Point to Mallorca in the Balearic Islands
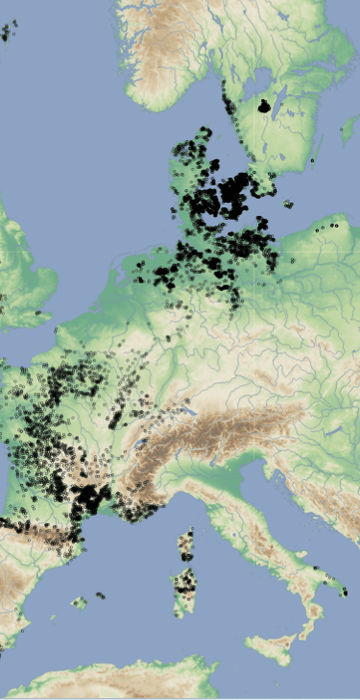click(81, 602)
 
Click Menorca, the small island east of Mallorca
click(100, 595)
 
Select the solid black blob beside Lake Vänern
click(264, 107)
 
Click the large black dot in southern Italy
click(345, 591)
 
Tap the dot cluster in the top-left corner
click(9, 32)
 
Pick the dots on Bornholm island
click(287, 203)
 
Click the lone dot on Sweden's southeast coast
click(312, 159)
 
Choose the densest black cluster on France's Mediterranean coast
click(90, 497)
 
